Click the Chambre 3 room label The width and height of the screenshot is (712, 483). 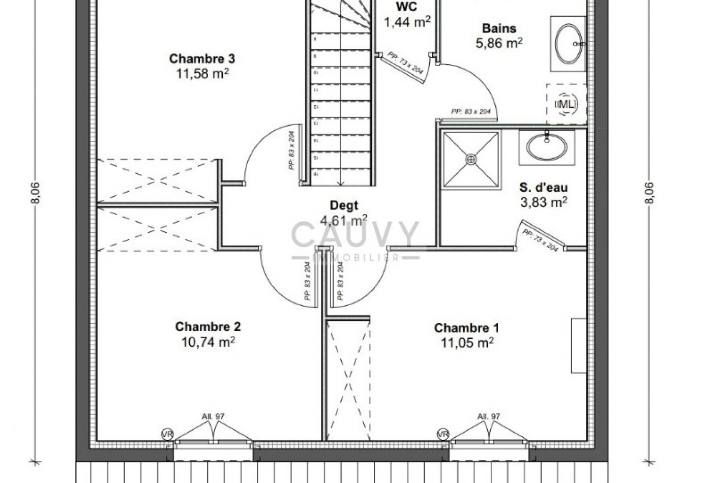coord(202,59)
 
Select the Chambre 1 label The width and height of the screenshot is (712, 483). coord(466,328)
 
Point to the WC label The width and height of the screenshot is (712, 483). coord(406,8)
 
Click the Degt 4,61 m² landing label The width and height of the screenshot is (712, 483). coord(344,213)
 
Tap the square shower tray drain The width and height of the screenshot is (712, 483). coord(471,160)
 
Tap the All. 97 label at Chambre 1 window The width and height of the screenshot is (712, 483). coord(488,416)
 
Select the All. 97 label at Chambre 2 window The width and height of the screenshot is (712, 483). coord(213,416)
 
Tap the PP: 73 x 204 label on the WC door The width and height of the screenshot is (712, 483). coord(405,63)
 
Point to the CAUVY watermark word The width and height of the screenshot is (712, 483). coord(355,235)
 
